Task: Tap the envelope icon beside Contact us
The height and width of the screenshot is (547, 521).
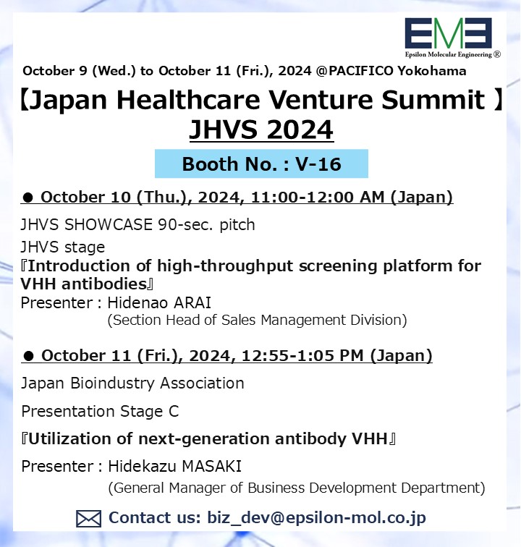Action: coord(88,518)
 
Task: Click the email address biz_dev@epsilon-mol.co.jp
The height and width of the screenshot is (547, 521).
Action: coord(316,518)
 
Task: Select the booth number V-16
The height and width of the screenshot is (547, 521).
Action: coord(318,164)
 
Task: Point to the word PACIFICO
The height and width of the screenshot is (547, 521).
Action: coord(361,71)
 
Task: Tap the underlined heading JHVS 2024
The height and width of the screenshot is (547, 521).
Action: coord(261,130)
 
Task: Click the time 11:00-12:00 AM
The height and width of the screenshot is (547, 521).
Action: coord(318,197)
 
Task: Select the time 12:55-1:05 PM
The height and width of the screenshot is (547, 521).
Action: coord(302,356)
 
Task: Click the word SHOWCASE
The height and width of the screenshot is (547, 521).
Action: coord(108,224)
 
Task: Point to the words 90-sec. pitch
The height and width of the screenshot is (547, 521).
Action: coord(206,225)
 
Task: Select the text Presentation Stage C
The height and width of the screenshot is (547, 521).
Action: coord(100,411)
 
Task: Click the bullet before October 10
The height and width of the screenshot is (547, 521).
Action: coord(27,198)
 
